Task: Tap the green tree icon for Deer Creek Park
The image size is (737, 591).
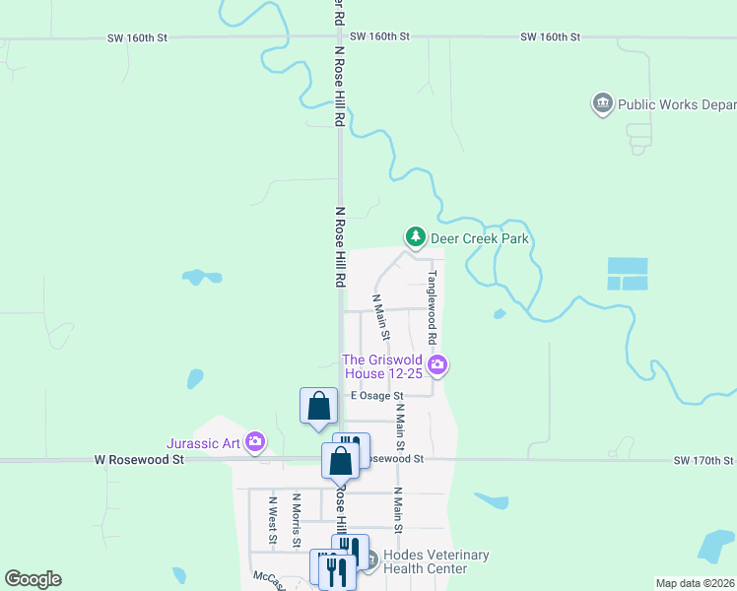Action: [416, 237]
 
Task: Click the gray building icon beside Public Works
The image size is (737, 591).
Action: [602, 103]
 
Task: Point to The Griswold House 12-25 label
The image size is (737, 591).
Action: [382, 367]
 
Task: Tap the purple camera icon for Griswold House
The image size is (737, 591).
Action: [438, 366]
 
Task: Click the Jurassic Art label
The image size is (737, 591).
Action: [205, 443]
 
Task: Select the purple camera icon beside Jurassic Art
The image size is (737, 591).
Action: [255, 442]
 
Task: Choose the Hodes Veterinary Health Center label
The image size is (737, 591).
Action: [435, 561]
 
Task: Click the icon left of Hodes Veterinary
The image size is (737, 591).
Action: [369, 561]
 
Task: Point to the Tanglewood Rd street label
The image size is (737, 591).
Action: [432, 307]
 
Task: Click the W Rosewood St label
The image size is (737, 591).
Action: [139, 460]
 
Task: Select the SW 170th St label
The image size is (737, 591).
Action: [703, 460]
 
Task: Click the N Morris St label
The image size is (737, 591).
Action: [296, 520]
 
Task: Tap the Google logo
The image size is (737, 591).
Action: [33, 579]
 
